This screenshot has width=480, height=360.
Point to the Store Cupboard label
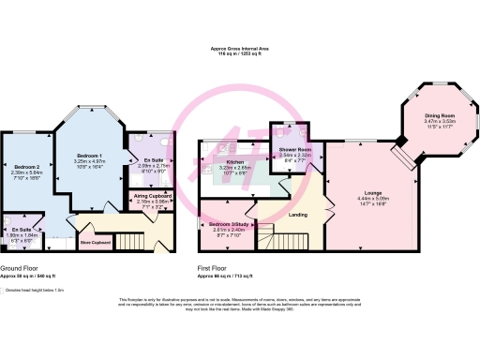tap(94, 243)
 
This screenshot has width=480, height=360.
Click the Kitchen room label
tap(235, 161)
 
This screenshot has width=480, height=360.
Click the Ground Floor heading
tap(19, 270)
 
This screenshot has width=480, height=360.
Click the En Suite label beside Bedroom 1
tap(152, 159)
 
